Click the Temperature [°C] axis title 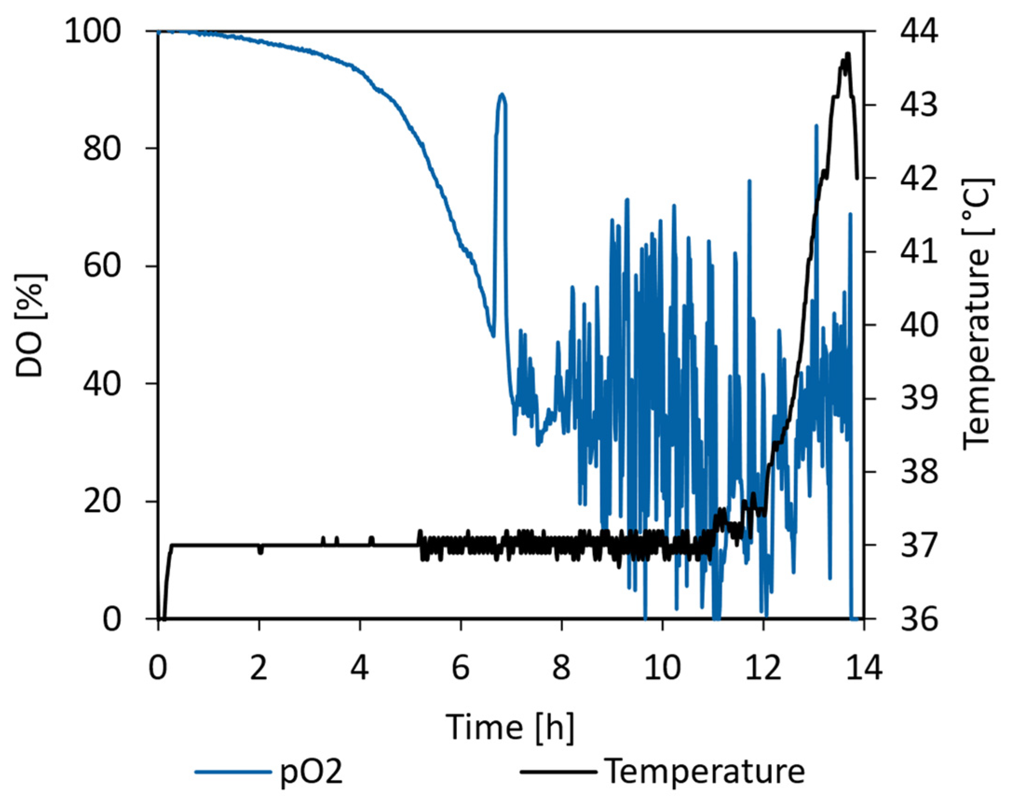pos(977,314)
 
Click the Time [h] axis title pos(510,727)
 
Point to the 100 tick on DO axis pos(100,32)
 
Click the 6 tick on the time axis pos(461,668)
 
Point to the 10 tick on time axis pos(662,668)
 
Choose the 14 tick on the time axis pos(863,668)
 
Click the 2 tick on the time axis pos(258,668)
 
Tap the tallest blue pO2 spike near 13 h pos(816,126)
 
